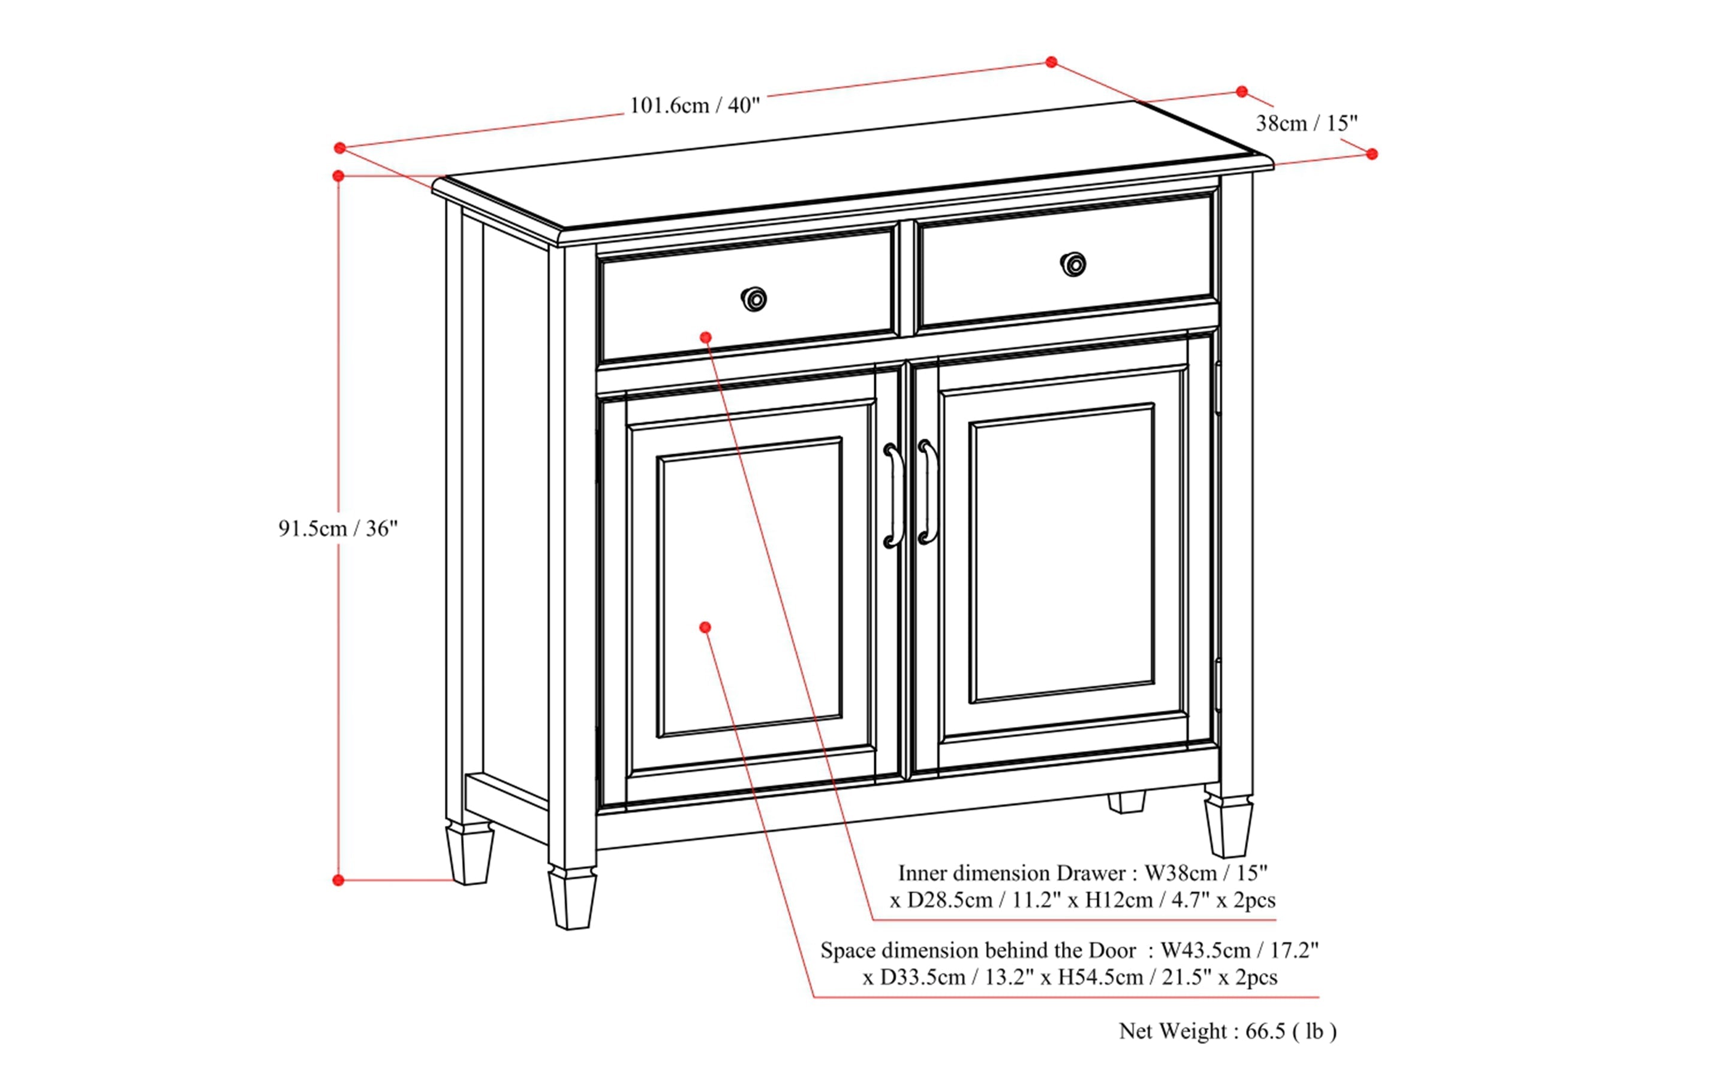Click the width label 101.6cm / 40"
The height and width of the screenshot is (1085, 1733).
click(694, 106)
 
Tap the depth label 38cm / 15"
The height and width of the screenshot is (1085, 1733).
click(1307, 123)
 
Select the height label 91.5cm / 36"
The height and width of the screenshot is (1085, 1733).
click(338, 529)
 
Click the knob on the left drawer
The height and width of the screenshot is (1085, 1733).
click(754, 299)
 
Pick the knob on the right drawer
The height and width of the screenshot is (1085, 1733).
click(1073, 264)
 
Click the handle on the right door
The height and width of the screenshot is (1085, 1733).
click(928, 492)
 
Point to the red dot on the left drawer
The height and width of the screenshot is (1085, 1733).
click(706, 337)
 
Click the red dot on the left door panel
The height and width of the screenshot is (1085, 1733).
click(705, 627)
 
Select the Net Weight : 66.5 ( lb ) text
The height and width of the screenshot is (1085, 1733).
click(1227, 1031)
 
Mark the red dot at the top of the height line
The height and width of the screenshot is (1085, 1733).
click(339, 176)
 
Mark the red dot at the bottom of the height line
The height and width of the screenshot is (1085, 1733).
click(339, 880)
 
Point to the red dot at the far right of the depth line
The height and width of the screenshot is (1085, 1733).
click(1372, 154)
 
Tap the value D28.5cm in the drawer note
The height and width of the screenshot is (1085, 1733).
click(950, 900)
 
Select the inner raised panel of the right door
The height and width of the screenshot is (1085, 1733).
click(1062, 554)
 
